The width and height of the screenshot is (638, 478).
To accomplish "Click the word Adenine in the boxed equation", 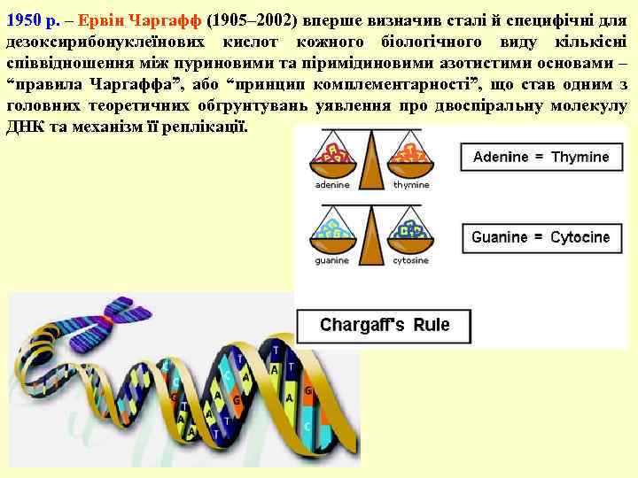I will [501, 157].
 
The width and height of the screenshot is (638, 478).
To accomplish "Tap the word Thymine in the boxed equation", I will [580, 157].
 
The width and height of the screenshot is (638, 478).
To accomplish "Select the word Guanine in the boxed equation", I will [500, 237].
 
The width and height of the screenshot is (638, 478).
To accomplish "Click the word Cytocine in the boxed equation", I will [580, 237].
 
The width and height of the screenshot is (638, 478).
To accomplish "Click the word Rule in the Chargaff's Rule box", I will [430, 325].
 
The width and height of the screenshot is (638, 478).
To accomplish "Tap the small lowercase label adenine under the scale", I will [332, 185].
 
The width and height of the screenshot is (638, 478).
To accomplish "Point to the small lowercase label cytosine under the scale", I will [410, 261].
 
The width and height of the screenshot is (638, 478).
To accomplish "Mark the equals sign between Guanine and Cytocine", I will [539, 237].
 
